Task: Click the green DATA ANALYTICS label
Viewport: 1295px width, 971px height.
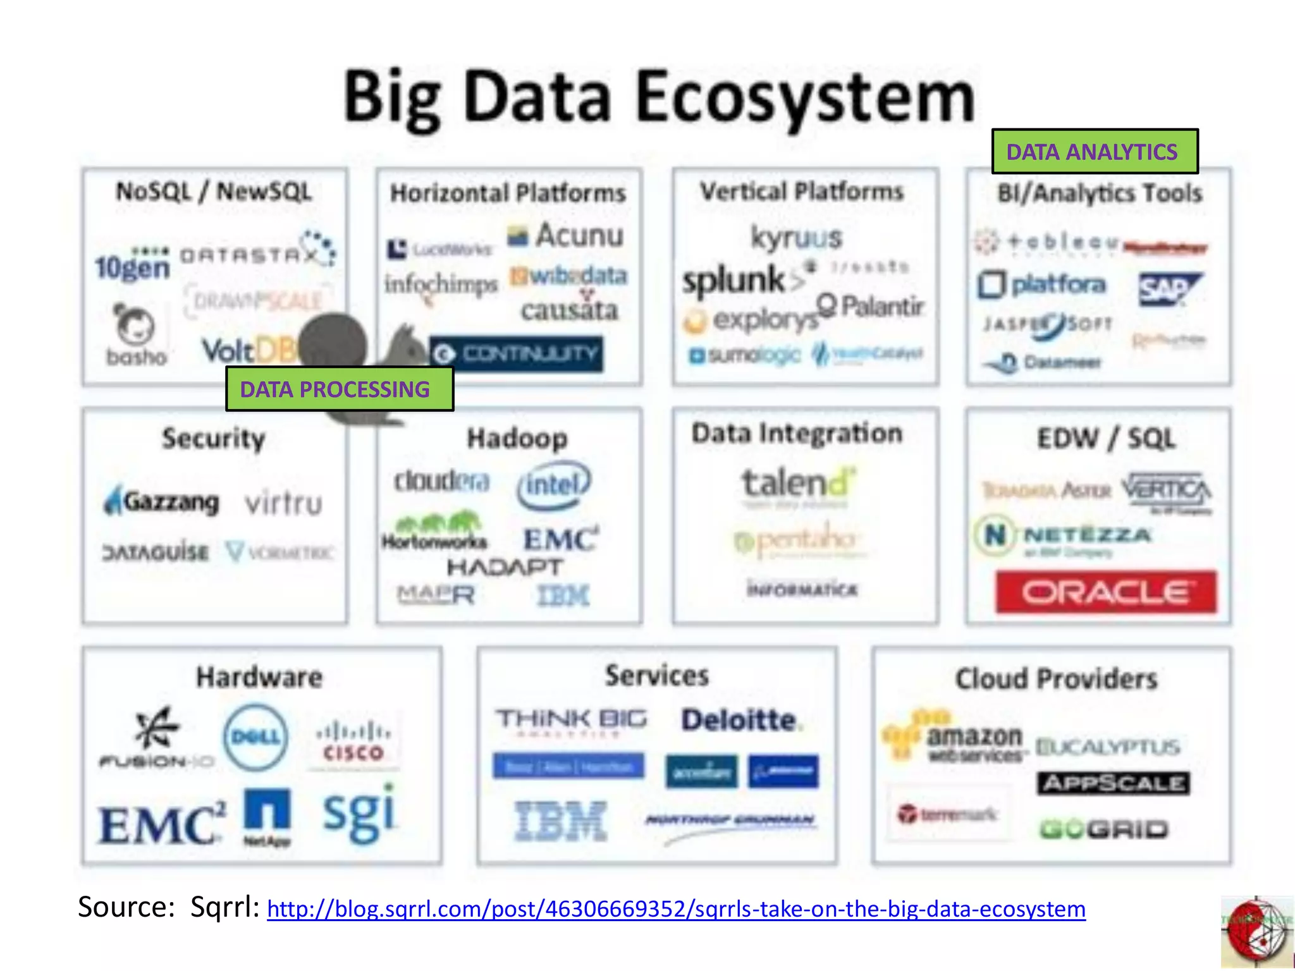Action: [x=1094, y=152]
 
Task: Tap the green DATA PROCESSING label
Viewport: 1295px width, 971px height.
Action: [x=339, y=389]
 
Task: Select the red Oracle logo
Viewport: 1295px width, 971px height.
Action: [x=1106, y=592]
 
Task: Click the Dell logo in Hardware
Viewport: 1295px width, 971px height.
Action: [x=255, y=737]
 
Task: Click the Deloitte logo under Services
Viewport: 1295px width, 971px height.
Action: [x=739, y=720]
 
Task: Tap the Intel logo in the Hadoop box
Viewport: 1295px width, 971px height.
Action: [x=554, y=485]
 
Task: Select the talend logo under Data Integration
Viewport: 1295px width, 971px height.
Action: [x=798, y=484]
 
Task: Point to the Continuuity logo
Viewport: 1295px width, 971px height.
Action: [x=516, y=354]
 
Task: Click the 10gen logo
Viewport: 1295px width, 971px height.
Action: [x=133, y=266]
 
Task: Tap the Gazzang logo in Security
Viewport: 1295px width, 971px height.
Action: [x=163, y=502]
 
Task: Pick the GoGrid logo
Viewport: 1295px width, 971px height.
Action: [x=1104, y=829]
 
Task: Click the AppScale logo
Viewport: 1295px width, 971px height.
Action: [x=1113, y=784]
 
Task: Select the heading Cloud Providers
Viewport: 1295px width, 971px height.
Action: [x=1056, y=679]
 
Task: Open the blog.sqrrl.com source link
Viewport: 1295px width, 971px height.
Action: [x=676, y=909]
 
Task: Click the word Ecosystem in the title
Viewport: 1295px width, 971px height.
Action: [x=805, y=98]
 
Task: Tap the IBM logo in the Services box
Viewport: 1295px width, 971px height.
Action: [x=561, y=821]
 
